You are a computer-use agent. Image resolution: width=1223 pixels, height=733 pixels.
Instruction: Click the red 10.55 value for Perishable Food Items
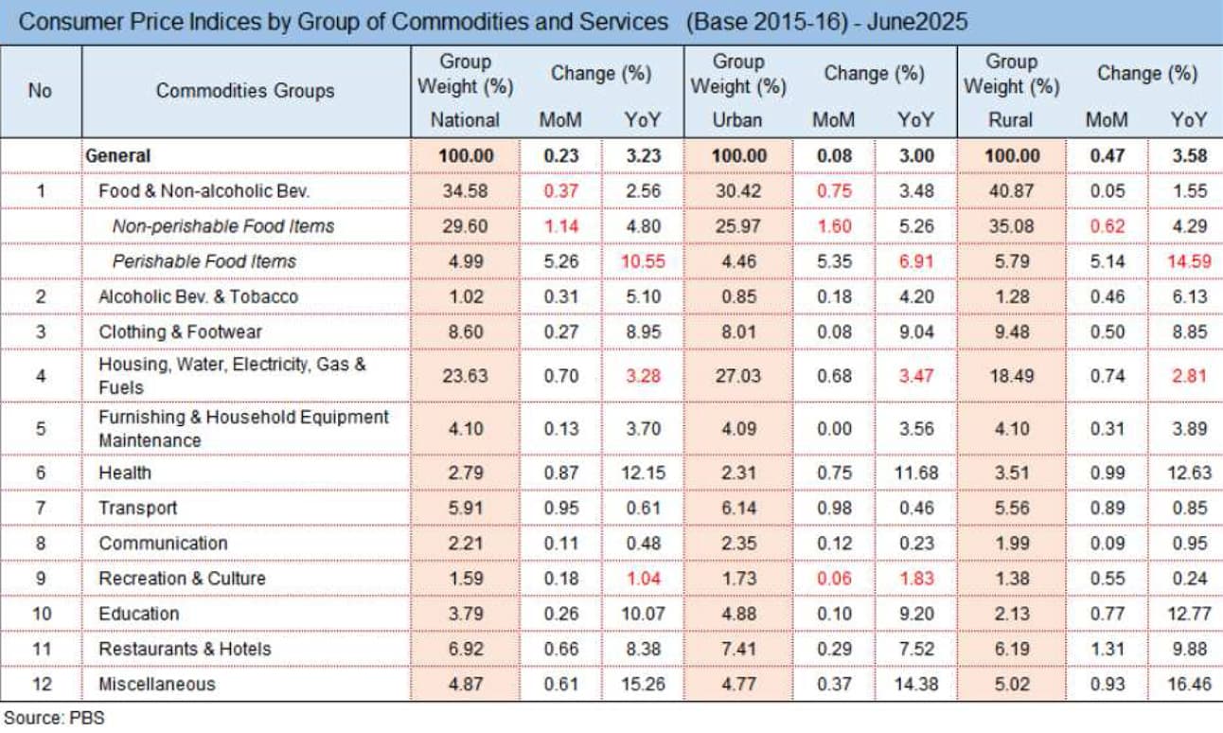(x=643, y=261)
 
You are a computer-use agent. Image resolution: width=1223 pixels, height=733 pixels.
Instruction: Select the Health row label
(x=125, y=473)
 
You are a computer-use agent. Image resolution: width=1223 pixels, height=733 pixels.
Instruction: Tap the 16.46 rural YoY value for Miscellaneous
(x=1190, y=684)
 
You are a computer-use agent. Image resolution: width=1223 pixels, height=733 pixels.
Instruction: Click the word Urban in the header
(x=737, y=119)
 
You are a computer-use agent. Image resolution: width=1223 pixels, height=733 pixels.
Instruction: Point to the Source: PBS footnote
(x=54, y=718)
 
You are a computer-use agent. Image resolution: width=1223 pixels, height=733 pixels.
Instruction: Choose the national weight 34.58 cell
(x=465, y=191)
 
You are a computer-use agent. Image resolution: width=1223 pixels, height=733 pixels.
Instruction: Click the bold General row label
(x=118, y=155)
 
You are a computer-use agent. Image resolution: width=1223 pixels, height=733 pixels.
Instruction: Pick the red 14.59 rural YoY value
(x=1190, y=261)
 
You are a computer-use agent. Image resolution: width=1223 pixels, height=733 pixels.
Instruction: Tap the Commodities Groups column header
(x=245, y=91)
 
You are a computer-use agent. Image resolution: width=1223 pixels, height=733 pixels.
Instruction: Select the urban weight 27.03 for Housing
(x=738, y=376)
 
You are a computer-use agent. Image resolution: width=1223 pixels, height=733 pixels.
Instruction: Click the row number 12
(x=42, y=684)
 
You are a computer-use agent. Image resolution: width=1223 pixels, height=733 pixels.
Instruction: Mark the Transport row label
(x=138, y=508)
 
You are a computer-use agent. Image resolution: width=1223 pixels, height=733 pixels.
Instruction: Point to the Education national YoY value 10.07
(x=643, y=614)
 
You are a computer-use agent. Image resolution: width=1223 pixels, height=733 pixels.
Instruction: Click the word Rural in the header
(x=1011, y=119)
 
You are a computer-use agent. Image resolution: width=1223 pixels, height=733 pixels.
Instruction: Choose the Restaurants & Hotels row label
(x=186, y=649)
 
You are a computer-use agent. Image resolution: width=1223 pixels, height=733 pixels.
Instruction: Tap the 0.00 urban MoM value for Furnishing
(x=834, y=429)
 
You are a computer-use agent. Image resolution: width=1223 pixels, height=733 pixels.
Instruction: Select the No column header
(x=40, y=91)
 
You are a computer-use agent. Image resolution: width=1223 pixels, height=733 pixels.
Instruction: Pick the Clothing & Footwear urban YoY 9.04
(x=916, y=332)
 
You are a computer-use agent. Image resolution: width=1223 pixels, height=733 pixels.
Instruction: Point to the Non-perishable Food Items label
(x=223, y=226)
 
